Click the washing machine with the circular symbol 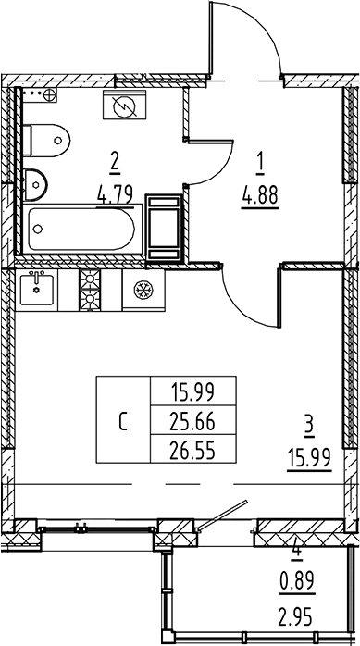123,107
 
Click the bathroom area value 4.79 115,194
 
